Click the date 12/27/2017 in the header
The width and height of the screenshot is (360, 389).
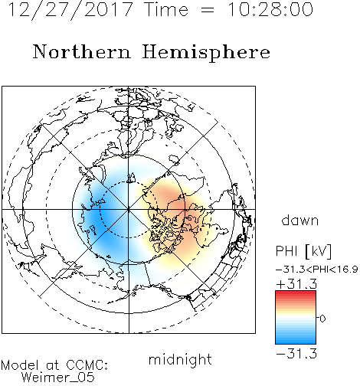click(70, 10)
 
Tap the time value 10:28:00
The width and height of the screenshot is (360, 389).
click(270, 10)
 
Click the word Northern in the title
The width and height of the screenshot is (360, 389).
click(82, 52)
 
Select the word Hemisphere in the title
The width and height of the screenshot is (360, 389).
click(206, 53)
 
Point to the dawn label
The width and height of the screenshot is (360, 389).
click(300, 220)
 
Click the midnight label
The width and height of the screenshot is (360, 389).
click(180, 360)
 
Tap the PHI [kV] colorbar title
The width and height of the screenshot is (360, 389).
click(303, 251)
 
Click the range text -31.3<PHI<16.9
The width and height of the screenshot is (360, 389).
click(317, 270)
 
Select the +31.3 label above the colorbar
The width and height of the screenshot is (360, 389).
click(296, 284)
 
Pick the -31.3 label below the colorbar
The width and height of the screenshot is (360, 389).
click(296, 354)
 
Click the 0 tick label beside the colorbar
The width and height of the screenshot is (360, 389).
click(322, 319)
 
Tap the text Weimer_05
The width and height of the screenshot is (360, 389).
click(58, 378)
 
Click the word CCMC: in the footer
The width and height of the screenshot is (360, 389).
click(87, 365)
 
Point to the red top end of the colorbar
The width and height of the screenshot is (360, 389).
click(296, 293)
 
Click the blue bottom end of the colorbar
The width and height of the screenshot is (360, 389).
click(296, 341)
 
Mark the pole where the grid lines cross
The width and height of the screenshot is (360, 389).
click(129, 210)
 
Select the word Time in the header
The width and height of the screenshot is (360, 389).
click(166, 10)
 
